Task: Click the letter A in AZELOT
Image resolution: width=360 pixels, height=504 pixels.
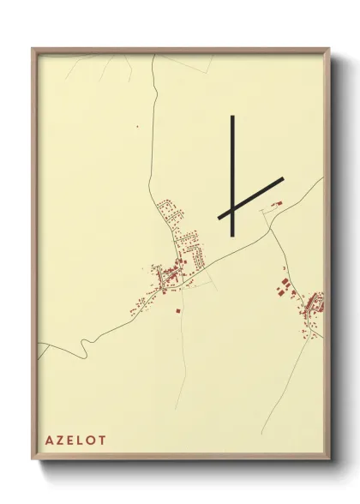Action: pyautogui.click(x=51, y=440)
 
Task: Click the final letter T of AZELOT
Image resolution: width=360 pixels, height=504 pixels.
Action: pyautogui.click(x=105, y=440)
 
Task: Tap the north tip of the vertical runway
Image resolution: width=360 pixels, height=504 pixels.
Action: pyautogui.click(x=232, y=116)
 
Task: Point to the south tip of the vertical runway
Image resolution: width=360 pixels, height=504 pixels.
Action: pyautogui.click(x=232, y=233)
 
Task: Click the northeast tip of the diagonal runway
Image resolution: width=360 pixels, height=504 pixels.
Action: pyautogui.click(x=282, y=179)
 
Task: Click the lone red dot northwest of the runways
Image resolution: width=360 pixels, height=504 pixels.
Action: pyautogui.click(x=137, y=126)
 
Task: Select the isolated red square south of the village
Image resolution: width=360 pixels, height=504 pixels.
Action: pyautogui.click(x=177, y=310)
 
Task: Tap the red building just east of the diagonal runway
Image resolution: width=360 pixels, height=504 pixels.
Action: pyautogui.click(x=276, y=203)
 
